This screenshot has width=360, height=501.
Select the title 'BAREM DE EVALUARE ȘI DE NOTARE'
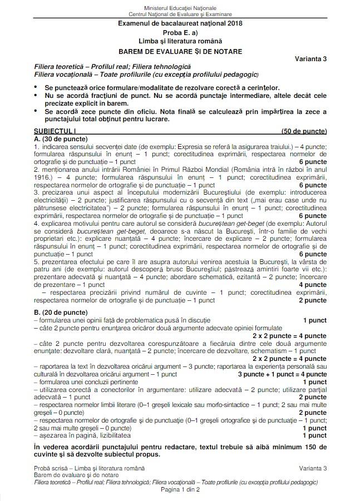180,51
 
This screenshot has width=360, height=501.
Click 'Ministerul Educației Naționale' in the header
180,7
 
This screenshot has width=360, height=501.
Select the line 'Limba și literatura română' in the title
180,42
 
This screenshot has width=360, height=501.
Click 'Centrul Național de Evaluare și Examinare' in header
180,14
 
